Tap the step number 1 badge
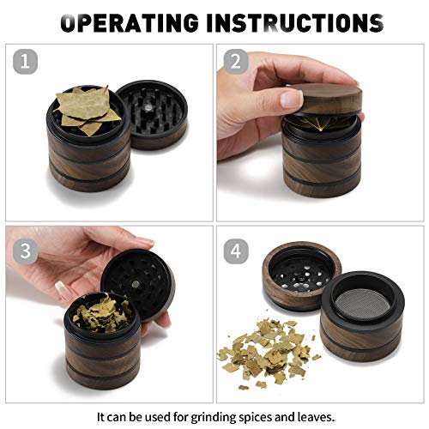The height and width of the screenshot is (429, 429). pyautogui.click(x=28, y=62)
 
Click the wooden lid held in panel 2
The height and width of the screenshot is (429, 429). pyautogui.click(x=321, y=103)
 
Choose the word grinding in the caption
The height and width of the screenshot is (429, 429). pyautogui.click(x=214, y=415)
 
